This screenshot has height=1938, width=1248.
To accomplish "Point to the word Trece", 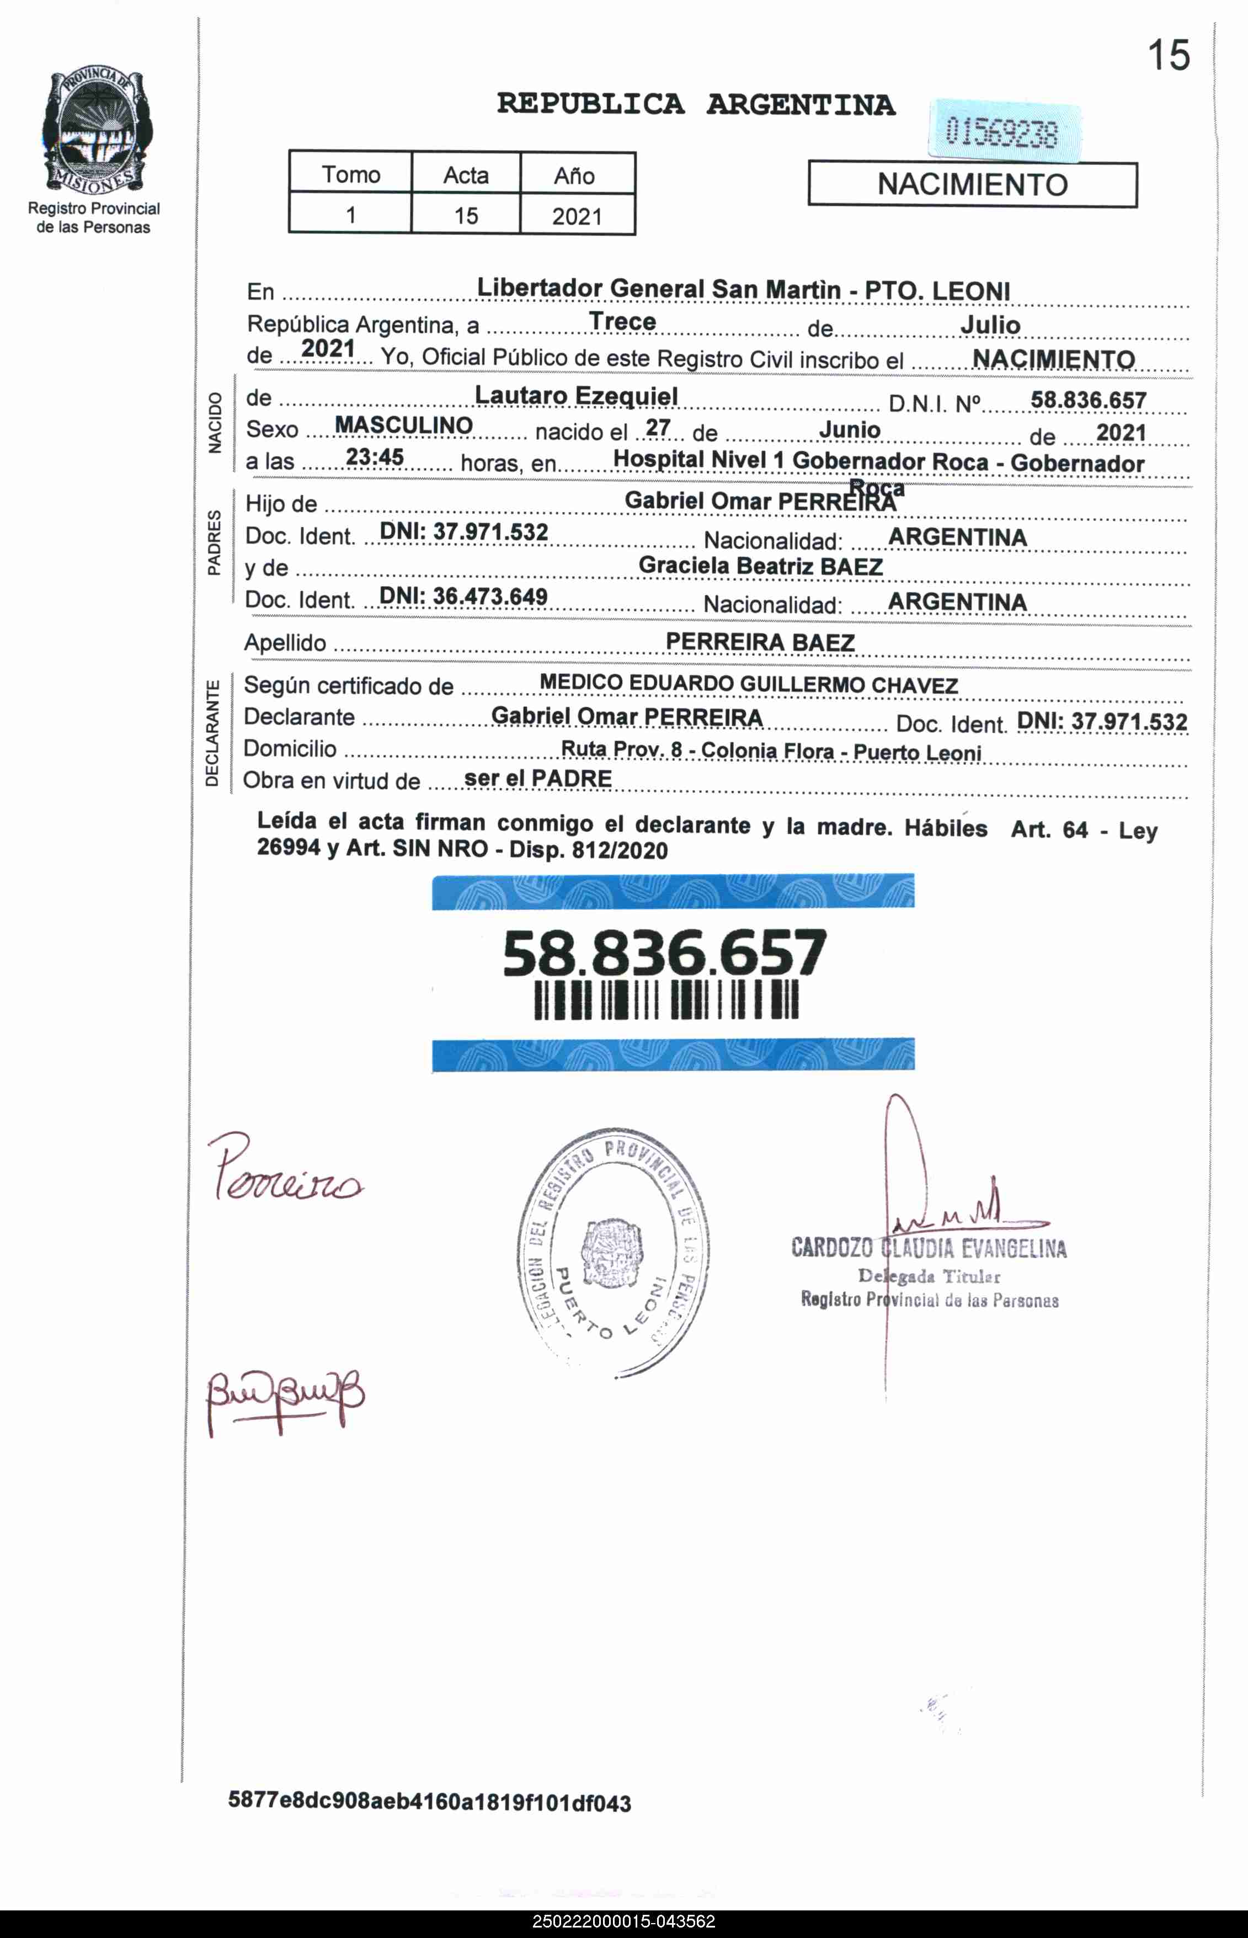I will [x=622, y=322].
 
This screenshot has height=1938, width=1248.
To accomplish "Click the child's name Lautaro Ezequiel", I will [x=575, y=396].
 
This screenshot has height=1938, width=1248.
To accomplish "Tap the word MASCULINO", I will [x=403, y=425].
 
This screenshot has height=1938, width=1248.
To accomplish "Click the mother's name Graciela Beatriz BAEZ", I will [x=760, y=567].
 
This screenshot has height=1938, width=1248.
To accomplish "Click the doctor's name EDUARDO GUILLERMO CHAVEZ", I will [x=793, y=685].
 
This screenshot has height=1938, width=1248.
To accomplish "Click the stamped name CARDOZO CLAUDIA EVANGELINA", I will [x=929, y=1248].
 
